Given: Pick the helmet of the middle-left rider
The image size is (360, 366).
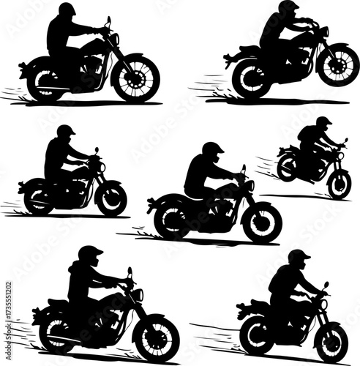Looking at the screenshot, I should pyautogui.click(x=66, y=132).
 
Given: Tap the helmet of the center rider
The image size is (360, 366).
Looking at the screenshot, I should pyautogui.click(x=213, y=149).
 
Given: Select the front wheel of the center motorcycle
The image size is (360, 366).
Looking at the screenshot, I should pyautogui.click(x=261, y=221).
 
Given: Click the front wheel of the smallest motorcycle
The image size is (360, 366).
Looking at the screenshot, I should pyautogui.click(x=339, y=183).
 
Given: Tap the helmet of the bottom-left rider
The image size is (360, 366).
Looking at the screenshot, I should pyautogui.click(x=90, y=254).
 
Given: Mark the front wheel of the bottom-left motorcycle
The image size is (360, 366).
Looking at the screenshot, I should pyautogui.click(x=157, y=338).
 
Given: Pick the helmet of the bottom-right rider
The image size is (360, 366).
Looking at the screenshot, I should pyautogui.click(x=298, y=257).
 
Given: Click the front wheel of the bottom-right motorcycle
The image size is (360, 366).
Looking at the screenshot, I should pyautogui.click(x=331, y=341).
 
